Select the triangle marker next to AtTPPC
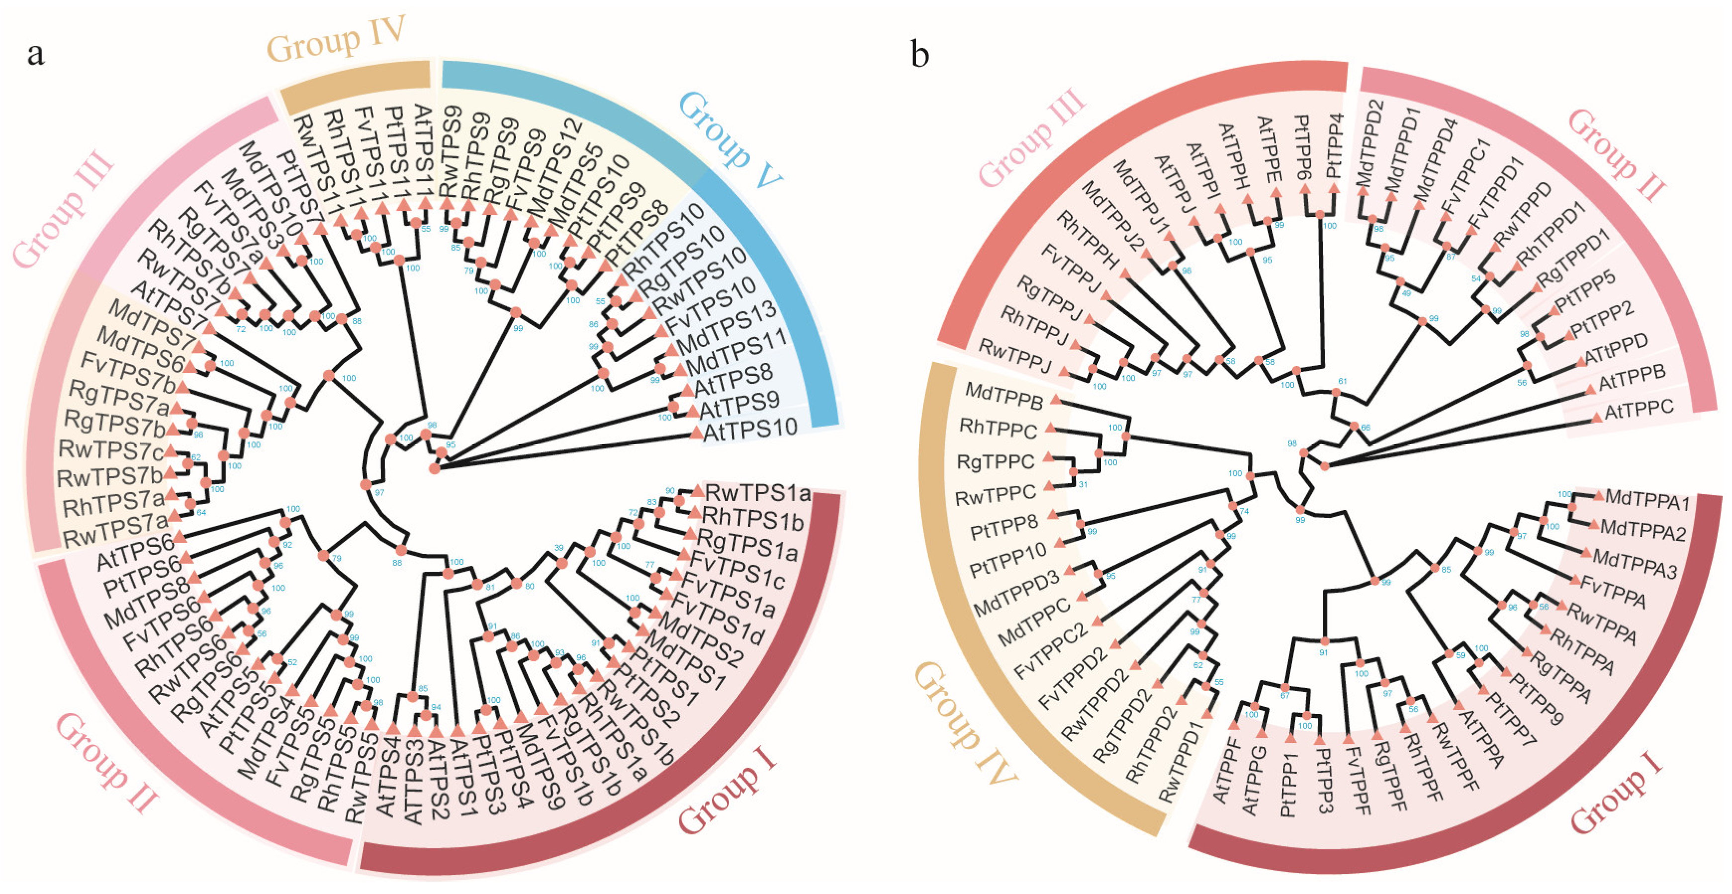coord(1596,418)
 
